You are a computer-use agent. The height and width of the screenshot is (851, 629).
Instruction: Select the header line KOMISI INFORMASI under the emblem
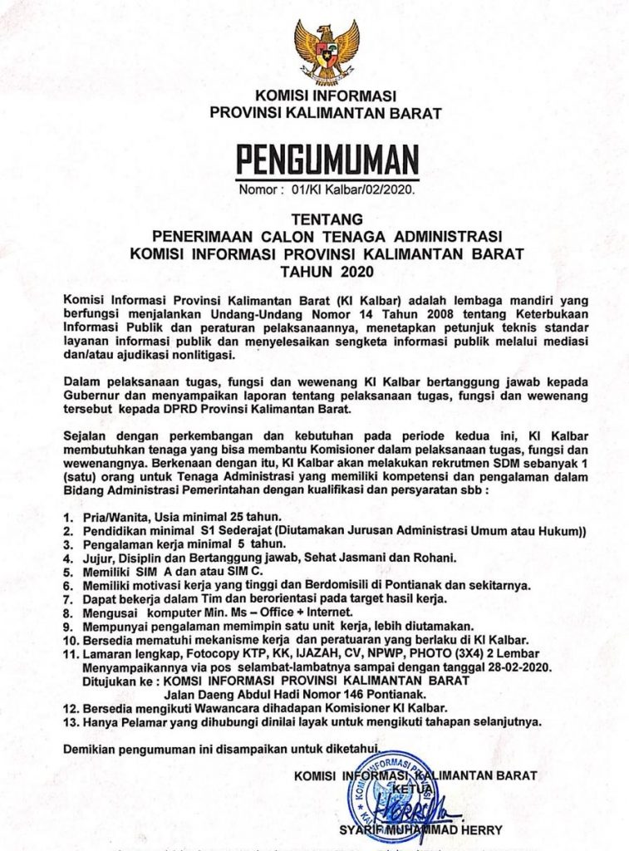[x=326, y=95]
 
